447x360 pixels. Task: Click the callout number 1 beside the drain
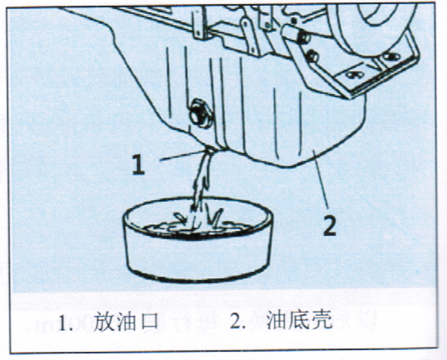point(139,165)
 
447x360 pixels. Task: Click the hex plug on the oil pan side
point(201,113)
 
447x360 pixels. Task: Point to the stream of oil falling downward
point(201,180)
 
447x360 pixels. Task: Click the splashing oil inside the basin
point(197,223)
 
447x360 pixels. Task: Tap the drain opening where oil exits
point(210,148)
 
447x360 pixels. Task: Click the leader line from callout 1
point(183,155)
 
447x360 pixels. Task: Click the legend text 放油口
point(125,321)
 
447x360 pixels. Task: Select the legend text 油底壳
point(299,320)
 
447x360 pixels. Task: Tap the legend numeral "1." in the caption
point(66,323)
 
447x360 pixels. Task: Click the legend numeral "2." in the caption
point(238,321)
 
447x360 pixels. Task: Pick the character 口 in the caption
point(148,321)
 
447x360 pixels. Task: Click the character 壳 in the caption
point(323,320)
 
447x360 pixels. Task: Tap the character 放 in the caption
point(104,321)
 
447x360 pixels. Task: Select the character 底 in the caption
point(299,320)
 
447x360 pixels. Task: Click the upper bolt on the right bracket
point(304,38)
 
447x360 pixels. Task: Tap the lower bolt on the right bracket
point(313,56)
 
